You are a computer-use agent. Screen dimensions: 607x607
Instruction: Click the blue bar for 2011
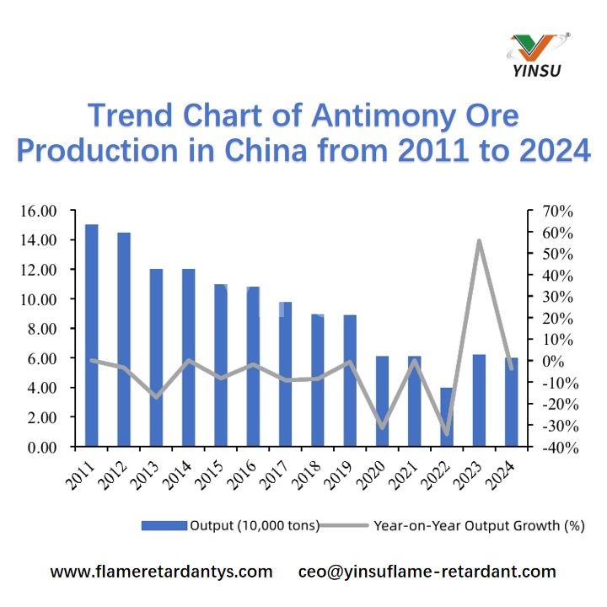[92, 336]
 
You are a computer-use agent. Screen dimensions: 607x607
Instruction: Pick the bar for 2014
[189, 357]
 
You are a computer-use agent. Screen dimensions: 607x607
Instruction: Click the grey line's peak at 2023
[479, 241]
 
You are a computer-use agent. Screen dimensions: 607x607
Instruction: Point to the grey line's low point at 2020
[382, 427]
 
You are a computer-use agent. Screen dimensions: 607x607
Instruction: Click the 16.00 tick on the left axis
[40, 211]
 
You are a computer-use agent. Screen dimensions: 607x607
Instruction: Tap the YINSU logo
[540, 55]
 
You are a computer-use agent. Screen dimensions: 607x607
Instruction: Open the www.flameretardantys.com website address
[162, 572]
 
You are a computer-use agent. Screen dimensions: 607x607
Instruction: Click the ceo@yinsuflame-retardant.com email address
[427, 572]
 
